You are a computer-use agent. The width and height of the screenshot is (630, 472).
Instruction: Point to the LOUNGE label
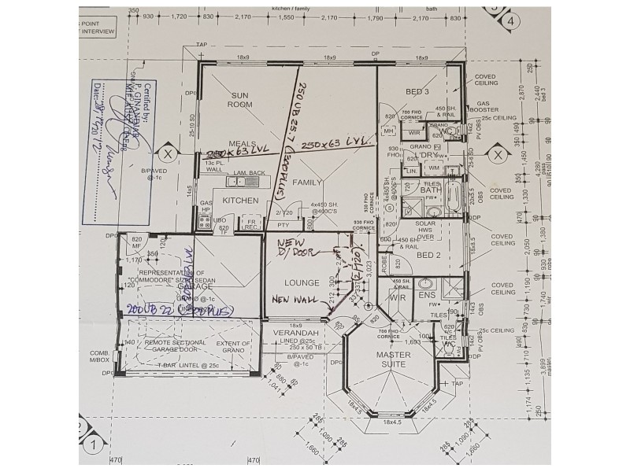tap(302, 282)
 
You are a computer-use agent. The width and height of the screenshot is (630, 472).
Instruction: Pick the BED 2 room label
tap(428, 256)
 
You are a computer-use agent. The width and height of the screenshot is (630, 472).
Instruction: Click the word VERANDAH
tap(290, 333)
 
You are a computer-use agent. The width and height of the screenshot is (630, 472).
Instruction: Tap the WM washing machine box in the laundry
tap(434, 168)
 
